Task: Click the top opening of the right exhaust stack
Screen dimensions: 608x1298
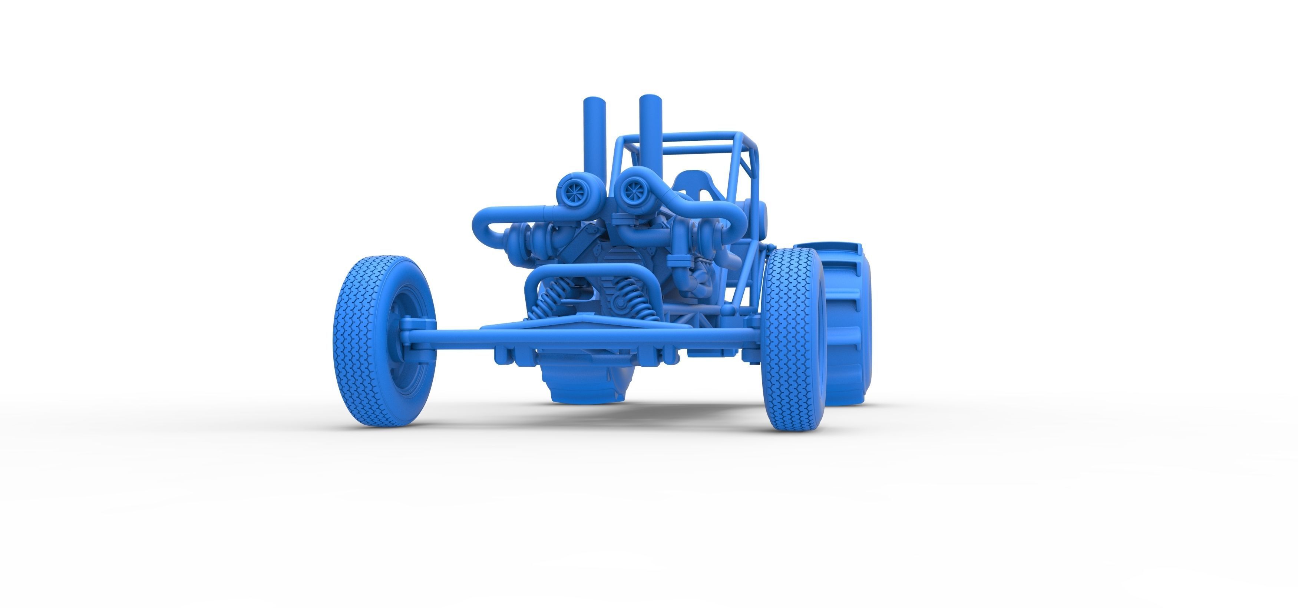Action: pos(650,97)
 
